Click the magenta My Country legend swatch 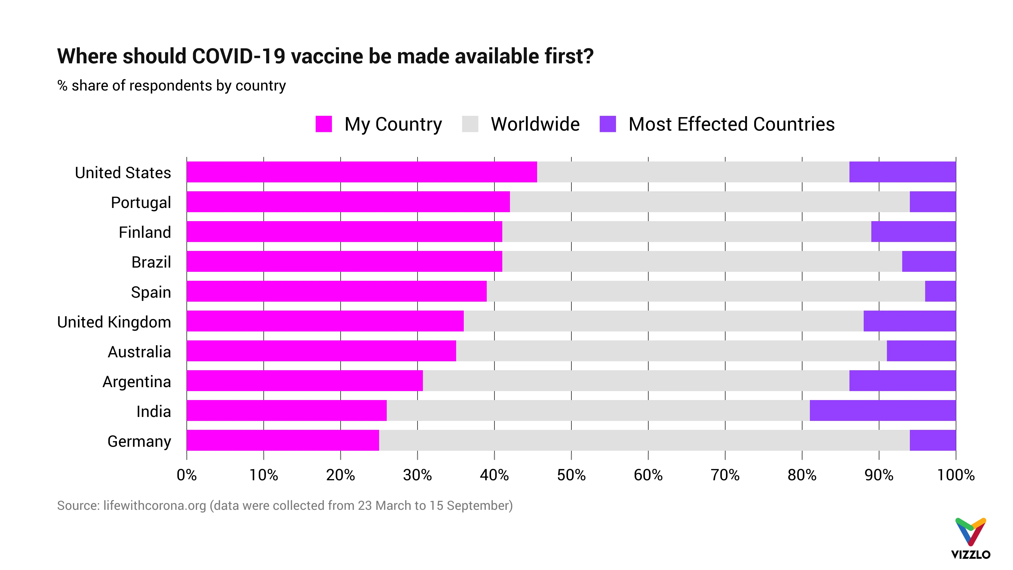324,124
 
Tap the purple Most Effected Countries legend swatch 608,124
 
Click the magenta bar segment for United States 362,172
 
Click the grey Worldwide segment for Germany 644,440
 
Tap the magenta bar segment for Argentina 305,380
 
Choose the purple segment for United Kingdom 910,321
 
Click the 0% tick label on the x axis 187,475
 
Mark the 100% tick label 955,475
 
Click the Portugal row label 141,203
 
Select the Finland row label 145,232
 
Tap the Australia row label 139,352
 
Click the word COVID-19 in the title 238,56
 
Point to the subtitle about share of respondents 171,85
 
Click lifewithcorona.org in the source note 155,506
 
